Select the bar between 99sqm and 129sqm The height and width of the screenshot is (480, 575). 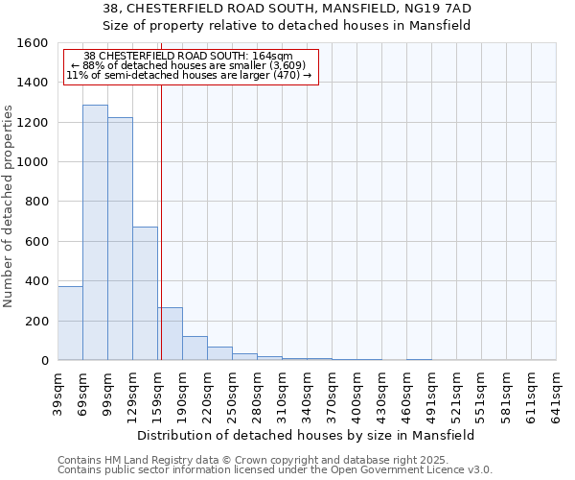[120, 239]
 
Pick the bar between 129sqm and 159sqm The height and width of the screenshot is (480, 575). [145, 294]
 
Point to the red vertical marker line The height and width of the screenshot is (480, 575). [161, 221]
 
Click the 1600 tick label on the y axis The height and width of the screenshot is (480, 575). [34, 43]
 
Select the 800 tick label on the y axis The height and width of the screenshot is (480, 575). [37, 202]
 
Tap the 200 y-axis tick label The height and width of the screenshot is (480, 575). [37, 321]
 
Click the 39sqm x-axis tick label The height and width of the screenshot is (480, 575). [57, 392]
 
